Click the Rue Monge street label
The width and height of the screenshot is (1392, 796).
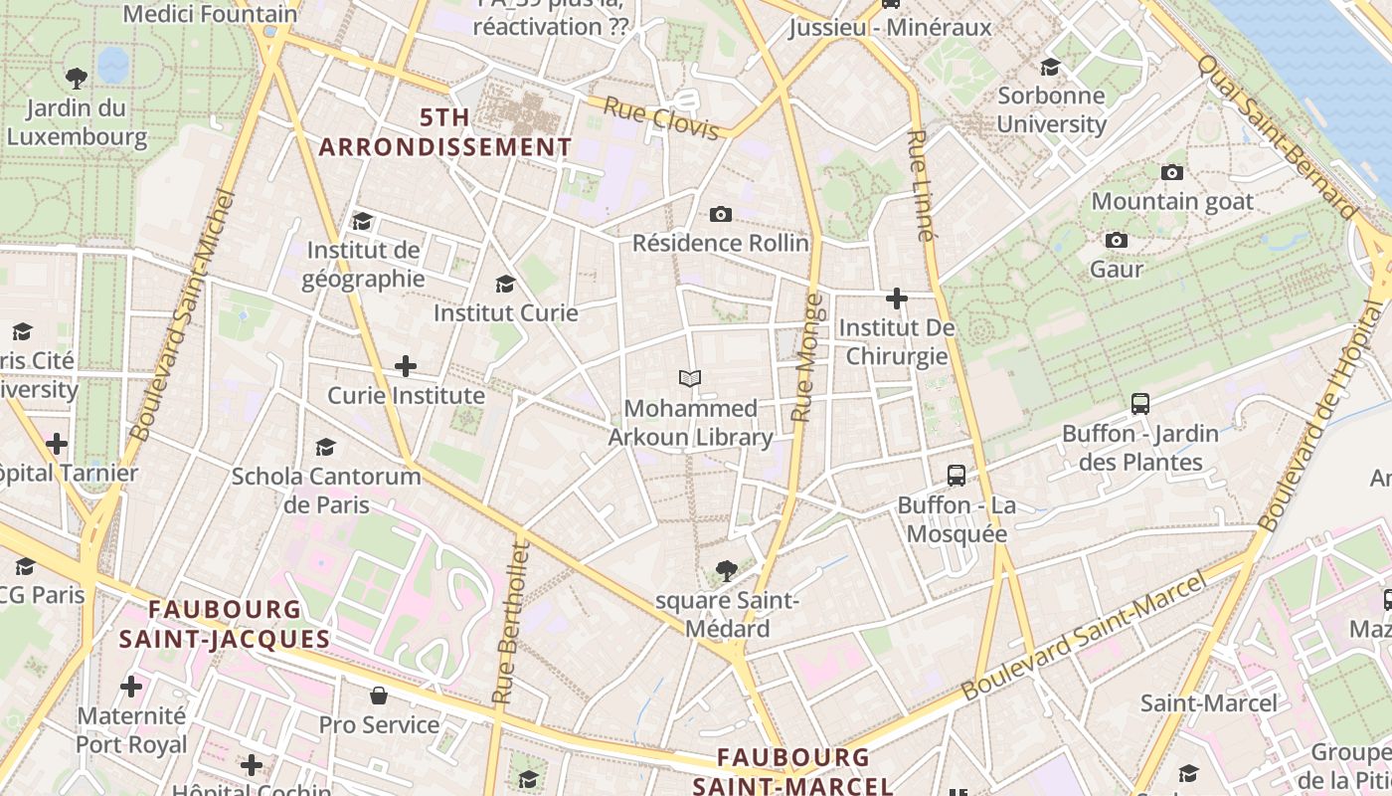pos(807,358)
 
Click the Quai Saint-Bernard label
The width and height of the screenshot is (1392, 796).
pos(1277,135)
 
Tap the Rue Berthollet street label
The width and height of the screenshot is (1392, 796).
pos(509,622)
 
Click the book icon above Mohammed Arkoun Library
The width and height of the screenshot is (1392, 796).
pos(690,378)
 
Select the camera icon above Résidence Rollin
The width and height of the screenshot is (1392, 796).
pos(721,214)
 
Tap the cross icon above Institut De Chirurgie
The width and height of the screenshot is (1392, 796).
pos(897,298)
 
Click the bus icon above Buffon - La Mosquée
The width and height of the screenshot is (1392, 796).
pos(957,475)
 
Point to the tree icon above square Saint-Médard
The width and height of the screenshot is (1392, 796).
pos(727,570)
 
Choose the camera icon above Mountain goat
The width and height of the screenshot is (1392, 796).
pos(1172,172)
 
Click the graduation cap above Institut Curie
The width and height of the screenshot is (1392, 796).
pos(505,284)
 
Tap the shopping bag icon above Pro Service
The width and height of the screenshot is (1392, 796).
pos(379,695)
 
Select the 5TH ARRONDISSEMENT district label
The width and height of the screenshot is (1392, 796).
pos(444,132)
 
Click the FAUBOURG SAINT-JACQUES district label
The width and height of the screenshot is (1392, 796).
pos(225,624)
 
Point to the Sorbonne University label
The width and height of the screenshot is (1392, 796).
pos(1051,109)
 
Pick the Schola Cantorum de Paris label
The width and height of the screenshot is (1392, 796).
pos(326,490)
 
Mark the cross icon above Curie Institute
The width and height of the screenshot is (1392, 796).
pos(406,366)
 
